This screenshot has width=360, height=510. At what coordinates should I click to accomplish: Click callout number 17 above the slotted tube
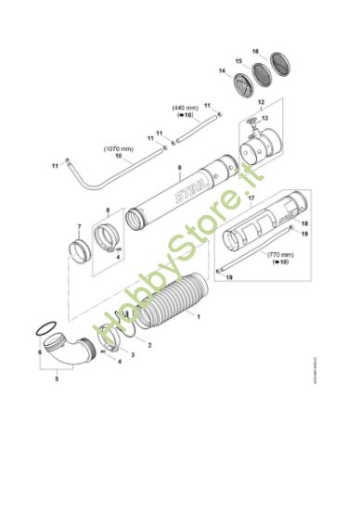pos(251,198)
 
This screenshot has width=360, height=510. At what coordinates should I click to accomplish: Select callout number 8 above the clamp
pos(108,210)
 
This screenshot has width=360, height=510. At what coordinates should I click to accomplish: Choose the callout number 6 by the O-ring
pos(40,353)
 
